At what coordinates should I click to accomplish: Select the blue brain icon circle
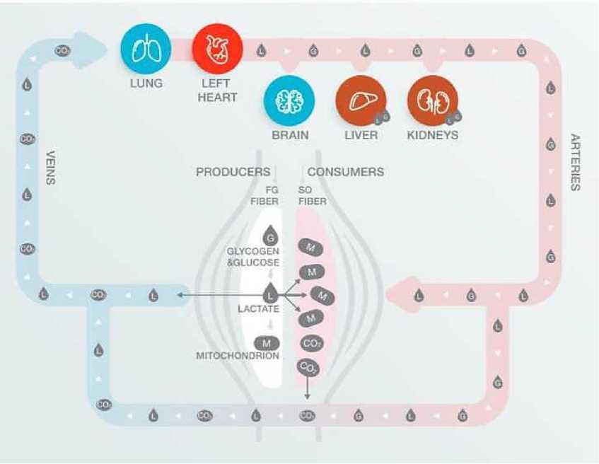point(289,103)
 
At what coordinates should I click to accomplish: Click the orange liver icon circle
point(361,102)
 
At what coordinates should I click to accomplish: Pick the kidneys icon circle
point(432,102)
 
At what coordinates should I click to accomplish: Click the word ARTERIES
point(576,162)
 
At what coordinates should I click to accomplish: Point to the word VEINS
point(50,167)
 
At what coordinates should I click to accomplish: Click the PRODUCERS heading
point(233,172)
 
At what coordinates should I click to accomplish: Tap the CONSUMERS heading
point(346,172)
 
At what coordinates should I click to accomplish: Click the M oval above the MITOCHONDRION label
point(267,342)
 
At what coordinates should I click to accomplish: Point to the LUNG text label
point(146,83)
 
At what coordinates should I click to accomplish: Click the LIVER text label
point(361,135)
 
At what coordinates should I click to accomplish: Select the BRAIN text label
point(290,135)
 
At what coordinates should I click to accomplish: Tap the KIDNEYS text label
point(432,135)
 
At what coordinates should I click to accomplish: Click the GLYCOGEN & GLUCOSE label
point(253,257)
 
